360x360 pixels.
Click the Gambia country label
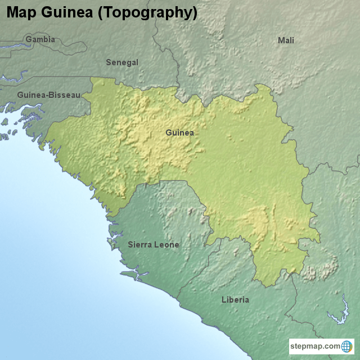[x=40, y=39]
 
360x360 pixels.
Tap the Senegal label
[x=122, y=62]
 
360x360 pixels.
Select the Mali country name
[x=286, y=40]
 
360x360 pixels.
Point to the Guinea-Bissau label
[x=48, y=95]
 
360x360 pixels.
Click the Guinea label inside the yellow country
[x=179, y=133]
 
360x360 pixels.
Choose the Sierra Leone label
[x=154, y=245]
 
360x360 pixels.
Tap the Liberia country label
[x=235, y=300]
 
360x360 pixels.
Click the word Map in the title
[x=22, y=12]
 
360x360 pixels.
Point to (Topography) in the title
[x=147, y=12]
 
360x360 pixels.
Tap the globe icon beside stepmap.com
[x=346, y=346]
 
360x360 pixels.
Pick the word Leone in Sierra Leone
[x=167, y=245]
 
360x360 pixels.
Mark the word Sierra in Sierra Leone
[x=140, y=245]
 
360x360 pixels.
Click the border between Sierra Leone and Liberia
[x=194, y=276]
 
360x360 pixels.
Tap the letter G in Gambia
[x=28, y=39]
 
